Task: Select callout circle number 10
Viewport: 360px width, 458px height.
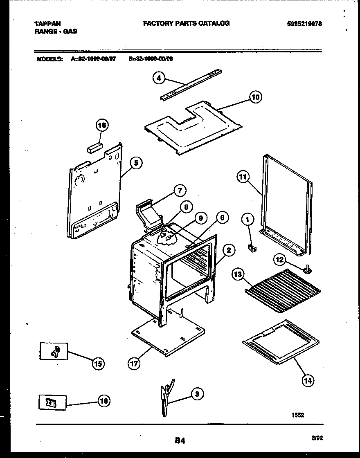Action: coord(255,97)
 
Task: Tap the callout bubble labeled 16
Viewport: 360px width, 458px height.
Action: coord(102,126)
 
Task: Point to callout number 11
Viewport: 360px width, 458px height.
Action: coord(243,177)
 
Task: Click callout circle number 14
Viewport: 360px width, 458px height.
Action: coord(308,381)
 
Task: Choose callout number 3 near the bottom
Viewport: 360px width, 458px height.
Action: coord(197,394)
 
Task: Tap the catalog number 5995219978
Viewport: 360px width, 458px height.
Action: coord(304,24)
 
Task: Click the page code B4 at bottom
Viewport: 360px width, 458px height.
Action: coord(180,440)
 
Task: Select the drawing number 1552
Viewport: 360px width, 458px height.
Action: coord(297,415)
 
